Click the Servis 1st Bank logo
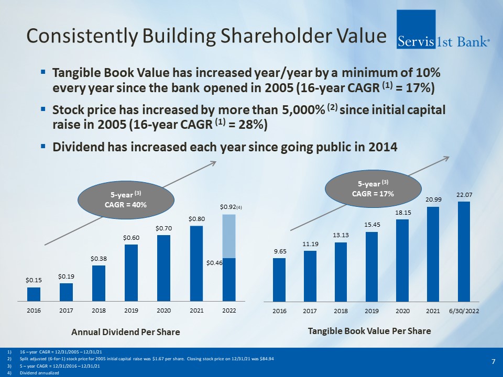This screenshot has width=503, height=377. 444,29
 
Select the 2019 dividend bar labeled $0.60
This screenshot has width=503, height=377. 131,273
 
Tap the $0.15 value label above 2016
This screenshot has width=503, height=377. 34,280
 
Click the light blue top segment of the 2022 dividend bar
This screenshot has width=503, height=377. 228,236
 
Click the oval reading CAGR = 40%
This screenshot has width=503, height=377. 126,199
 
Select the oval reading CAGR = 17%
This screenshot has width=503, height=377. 374,188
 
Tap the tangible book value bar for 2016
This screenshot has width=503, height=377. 279,280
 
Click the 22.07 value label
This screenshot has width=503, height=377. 463,195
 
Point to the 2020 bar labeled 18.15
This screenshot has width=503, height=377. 402,260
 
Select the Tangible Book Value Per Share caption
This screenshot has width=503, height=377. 369,331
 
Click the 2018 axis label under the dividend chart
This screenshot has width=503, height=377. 99,311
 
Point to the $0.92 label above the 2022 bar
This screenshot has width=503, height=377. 228,208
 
